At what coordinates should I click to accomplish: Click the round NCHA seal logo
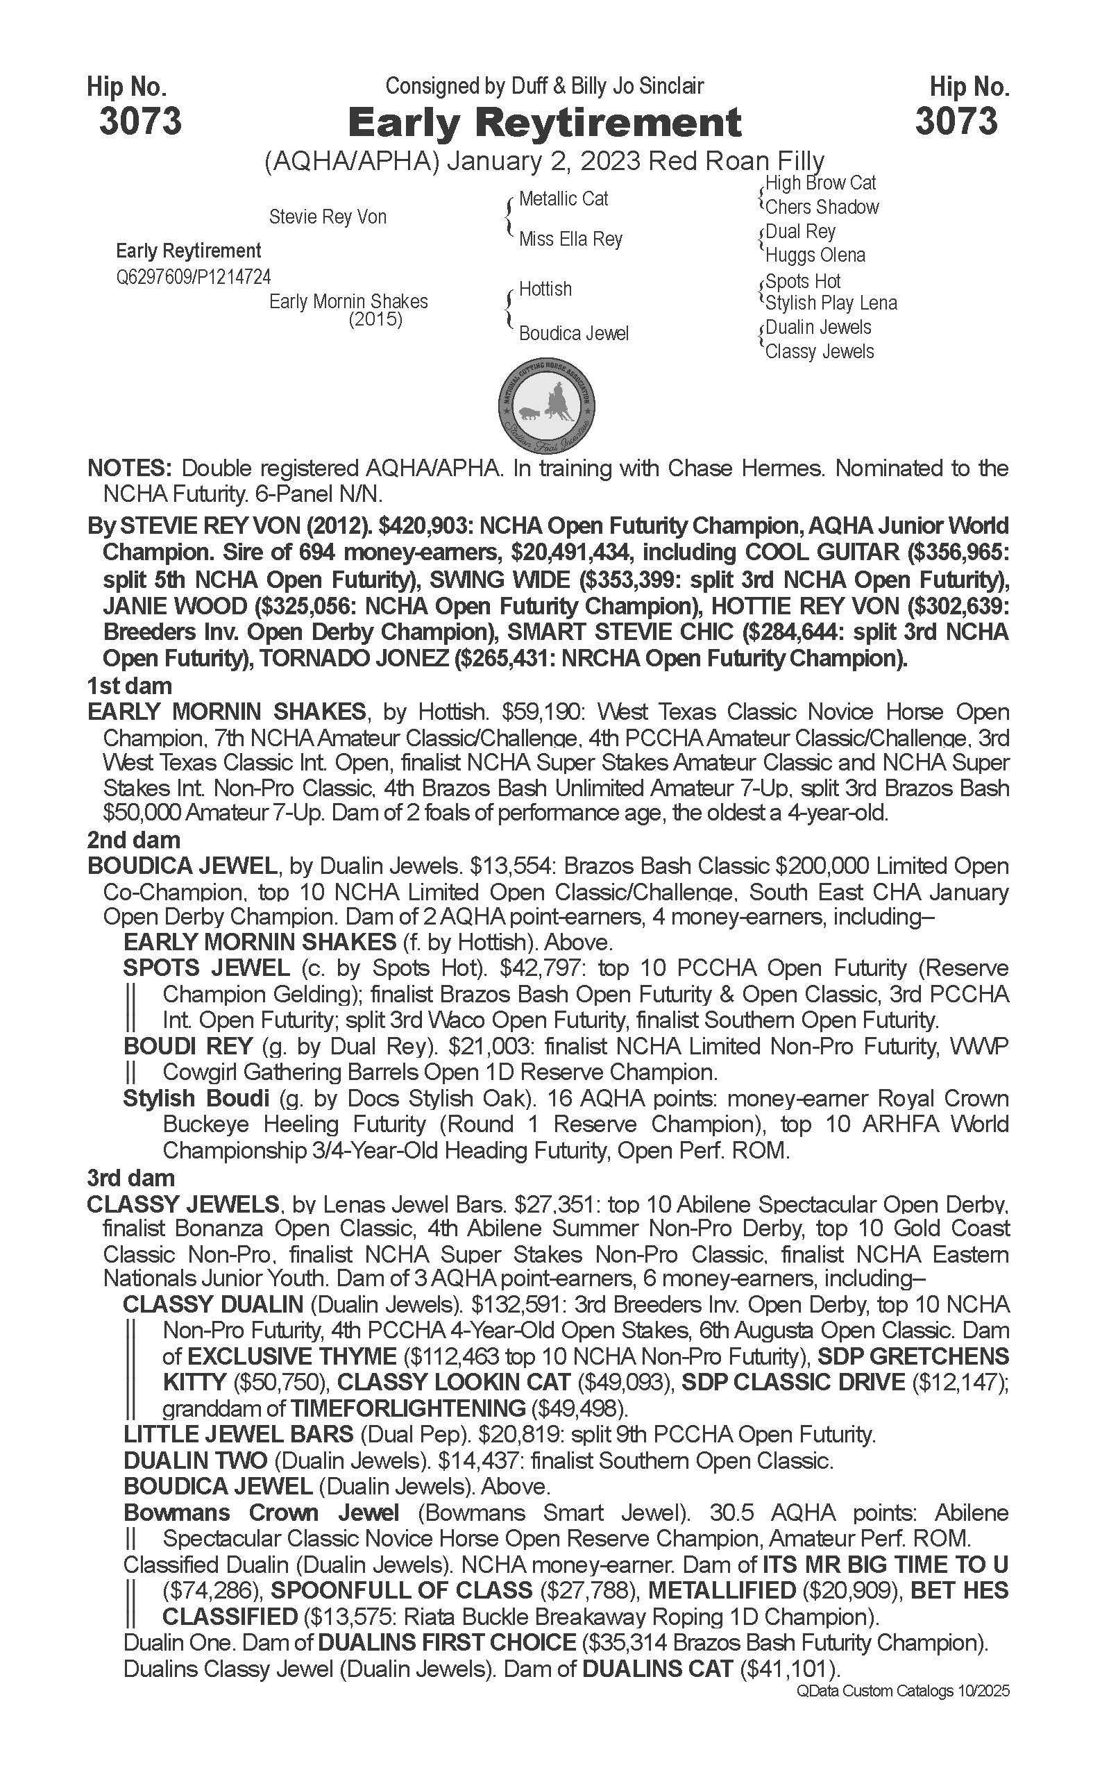coord(547,403)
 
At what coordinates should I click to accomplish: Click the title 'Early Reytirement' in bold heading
coord(544,122)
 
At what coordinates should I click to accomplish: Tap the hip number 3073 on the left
coord(140,121)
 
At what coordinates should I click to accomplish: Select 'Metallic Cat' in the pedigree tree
coord(563,199)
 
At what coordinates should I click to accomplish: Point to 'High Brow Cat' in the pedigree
coord(820,183)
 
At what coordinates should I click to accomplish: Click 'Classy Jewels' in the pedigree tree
coord(819,352)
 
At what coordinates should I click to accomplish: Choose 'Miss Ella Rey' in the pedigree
coord(570,239)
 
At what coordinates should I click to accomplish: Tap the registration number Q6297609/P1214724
coord(193,278)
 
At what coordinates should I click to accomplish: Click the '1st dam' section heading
coord(129,686)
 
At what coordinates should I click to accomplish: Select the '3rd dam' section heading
coord(131,1178)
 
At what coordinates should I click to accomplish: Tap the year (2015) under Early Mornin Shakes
coord(375,319)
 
